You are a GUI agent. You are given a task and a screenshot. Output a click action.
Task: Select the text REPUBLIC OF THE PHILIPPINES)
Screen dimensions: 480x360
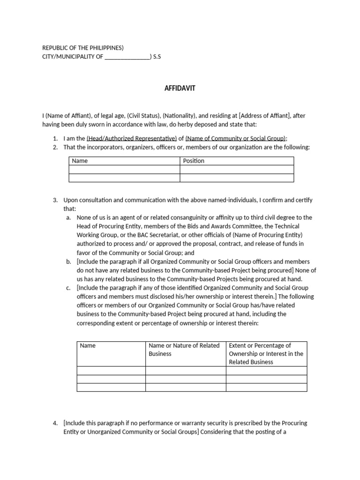[83, 48]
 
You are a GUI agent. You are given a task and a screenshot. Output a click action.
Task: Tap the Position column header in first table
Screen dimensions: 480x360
[194, 161]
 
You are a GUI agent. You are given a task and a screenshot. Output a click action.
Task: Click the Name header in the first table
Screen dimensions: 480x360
[80, 161]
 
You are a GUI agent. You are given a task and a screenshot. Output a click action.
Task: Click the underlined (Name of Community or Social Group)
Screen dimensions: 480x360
[235, 138]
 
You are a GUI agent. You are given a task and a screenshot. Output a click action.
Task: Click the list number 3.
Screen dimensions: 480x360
[55, 200]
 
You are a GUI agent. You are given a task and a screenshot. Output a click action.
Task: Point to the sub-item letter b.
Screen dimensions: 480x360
[68, 262]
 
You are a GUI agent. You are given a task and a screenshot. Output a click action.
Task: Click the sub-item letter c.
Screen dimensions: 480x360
[68, 288]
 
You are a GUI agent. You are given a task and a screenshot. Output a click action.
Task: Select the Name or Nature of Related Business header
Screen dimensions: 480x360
[184, 350]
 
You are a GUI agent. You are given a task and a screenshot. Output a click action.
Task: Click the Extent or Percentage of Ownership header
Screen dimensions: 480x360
[266, 354]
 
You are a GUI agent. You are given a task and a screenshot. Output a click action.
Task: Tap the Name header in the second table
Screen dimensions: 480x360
[88, 345]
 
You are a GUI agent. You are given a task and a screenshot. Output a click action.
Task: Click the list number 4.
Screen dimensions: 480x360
[55, 423]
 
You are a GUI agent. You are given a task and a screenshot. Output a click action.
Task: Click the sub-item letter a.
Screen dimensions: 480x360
[68, 217]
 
